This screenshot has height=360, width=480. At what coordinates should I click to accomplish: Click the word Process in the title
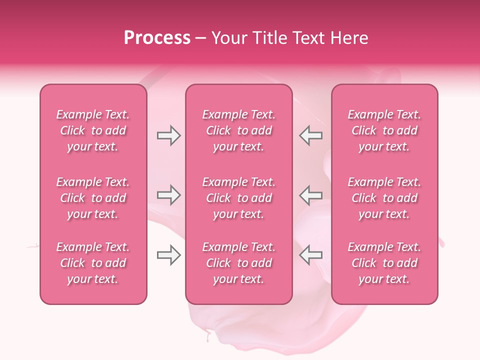click(x=157, y=38)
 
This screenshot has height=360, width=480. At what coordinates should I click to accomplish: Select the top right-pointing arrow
click(x=168, y=135)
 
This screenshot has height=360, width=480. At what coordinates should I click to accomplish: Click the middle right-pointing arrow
click(x=168, y=195)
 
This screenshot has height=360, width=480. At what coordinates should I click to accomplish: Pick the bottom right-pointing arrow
click(x=168, y=255)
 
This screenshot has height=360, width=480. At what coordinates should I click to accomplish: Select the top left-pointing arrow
click(x=311, y=135)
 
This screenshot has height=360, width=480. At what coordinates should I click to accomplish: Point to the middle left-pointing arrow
click(x=311, y=195)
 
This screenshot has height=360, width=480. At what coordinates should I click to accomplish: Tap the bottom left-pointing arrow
click(x=311, y=255)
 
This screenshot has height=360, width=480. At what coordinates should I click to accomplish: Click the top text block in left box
click(x=93, y=130)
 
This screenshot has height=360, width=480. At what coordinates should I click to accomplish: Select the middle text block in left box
click(x=93, y=198)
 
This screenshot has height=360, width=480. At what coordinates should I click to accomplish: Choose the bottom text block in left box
click(x=93, y=263)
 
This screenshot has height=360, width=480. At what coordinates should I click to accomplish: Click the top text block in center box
click(x=238, y=130)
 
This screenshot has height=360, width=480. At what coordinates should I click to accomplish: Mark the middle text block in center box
click(x=238, y=198)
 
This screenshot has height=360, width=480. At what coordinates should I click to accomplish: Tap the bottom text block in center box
click(x=238, y=263)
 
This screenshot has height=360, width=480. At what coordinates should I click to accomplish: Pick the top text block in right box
click(x=384, y=130)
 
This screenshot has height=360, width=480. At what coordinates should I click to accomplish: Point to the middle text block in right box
click(x=384, y=198)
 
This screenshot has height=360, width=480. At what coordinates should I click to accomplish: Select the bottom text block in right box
click(x=384, y=263)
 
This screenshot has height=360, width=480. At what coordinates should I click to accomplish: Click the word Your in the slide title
click(x=229, y=38)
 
